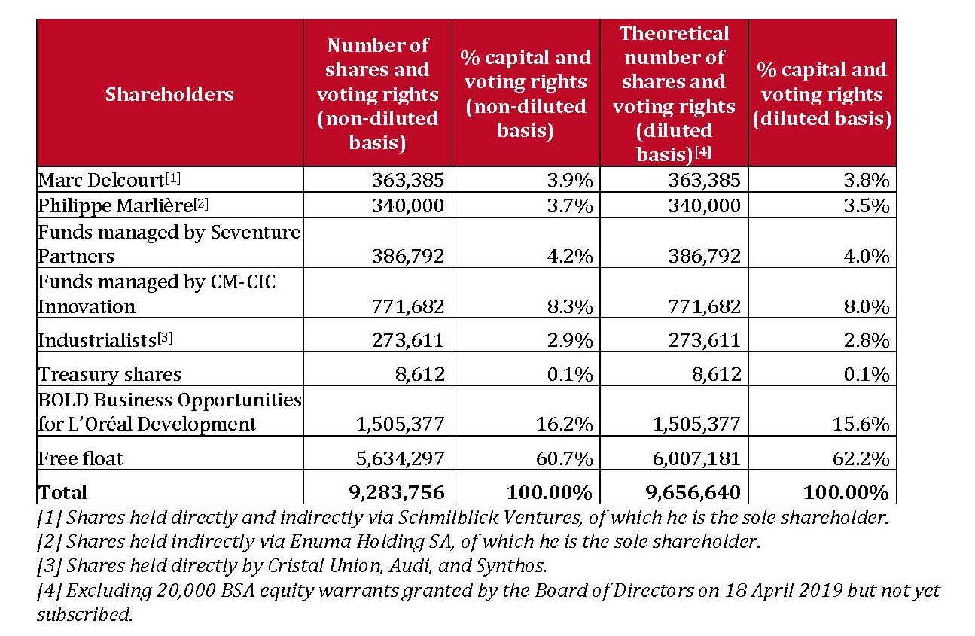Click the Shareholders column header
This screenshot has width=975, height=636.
[169, 94]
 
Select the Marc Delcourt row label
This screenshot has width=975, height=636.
[109, 180]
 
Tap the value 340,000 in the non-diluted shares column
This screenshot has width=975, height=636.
[408, 205]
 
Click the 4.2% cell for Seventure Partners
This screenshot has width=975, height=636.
[570, 256]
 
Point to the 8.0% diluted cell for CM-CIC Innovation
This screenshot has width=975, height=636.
[866, 306]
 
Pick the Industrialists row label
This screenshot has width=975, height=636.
[105, 339]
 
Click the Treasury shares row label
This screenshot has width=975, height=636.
[110, 374]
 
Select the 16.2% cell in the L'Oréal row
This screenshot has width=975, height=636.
[564, 424]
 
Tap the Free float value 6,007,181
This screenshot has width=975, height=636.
[696, 458]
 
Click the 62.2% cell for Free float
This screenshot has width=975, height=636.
[861, 458]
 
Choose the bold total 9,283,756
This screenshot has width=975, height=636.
[397, 492]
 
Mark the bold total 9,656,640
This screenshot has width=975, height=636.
[693, 492]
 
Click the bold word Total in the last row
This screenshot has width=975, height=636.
[62, 492]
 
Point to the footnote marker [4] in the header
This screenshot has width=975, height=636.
[703, 152]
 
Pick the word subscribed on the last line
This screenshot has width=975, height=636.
[85, 615]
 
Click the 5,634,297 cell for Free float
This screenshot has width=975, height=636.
[400, 458]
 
